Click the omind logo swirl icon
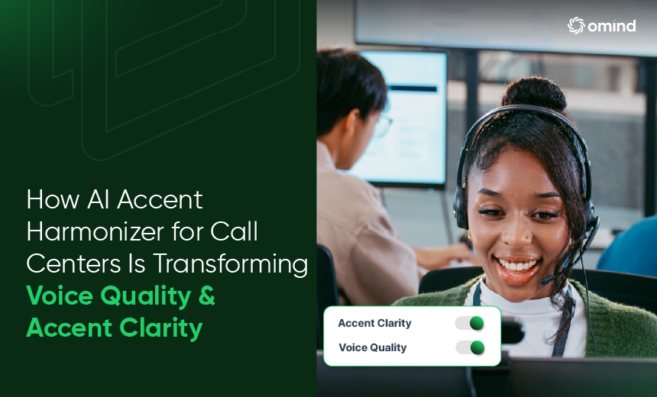pyautogui.click(x=576, y=25)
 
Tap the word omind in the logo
pyautogui.click(x=612, y=26)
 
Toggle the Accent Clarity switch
pyautogui.click(x=470, y=323)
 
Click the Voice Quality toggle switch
pyautogui.click(x=470, y=347)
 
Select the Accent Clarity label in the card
pyautogui.click(x=374, y=323)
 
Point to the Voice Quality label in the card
pyautogui.click(x=373, y=347)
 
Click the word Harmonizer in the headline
pyautogui.click(x=95, y=231)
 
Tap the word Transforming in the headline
pyautogui.click(x=231, y=265)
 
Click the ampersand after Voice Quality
pyautogui.click(x=207, y=295)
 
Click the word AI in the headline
pyautogui.click(x=98, y=199)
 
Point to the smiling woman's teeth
pyautogui.click(x=518, y=266)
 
